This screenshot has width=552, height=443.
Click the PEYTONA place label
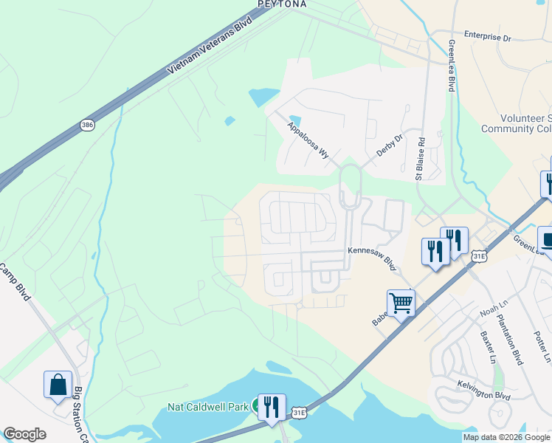(x=282, y=4)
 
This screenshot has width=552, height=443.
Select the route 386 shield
(x=88, y=126)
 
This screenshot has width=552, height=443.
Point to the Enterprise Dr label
(x=487, y=35)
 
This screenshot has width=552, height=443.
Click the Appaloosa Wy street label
(x=308, y=140)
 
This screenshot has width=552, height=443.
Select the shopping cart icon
(x=401, y=302)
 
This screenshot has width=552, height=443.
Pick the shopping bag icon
(x=58, y=384)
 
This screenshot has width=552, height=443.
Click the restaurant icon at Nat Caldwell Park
(x=272, y=406)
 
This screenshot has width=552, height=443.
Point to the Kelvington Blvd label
(x=484, y=396)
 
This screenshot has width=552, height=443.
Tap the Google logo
(x=24, y=434)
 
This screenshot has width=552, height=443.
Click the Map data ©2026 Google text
(x=506, y=437)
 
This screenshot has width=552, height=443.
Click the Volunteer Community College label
(x=516, y=123)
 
